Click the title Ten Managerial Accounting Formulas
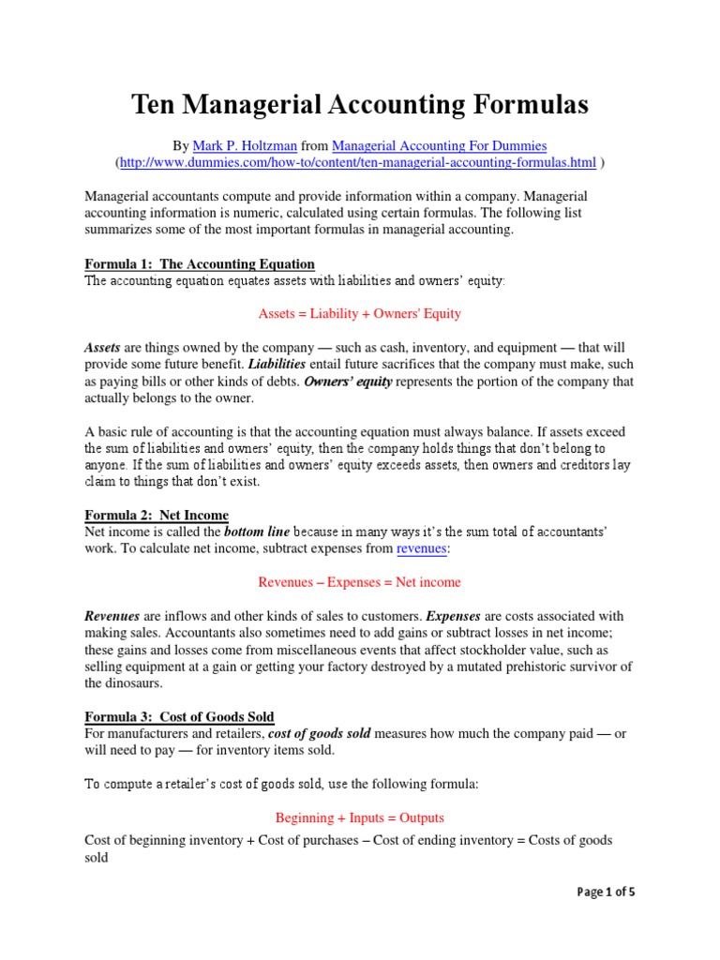click(x=359, y=105)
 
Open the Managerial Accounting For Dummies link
click(x=439, y=146)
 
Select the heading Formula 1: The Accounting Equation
click(x=200, y=263)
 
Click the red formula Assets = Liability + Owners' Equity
click(x=359, y=313)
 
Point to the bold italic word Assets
click(x=102, y=347)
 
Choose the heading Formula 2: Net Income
click(x=157, y=515)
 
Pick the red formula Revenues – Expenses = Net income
click(x=359, y=582)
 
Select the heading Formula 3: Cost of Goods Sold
click(x=179, y=717)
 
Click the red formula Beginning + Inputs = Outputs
click(x=359, y=817)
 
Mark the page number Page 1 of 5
click(x=606, y=892)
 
